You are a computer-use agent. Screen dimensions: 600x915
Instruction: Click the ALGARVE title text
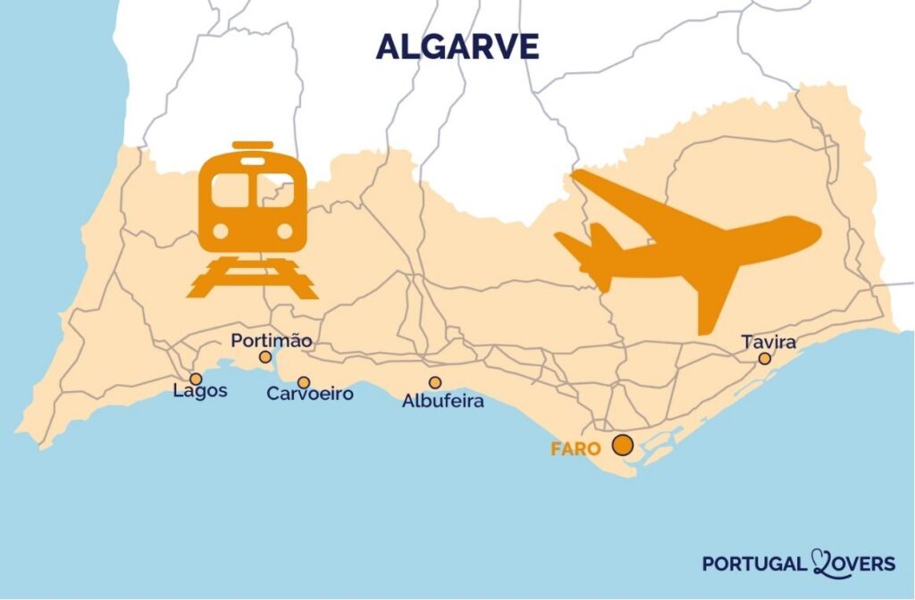pos(457,46)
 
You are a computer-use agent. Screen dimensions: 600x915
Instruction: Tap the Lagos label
pos(200,391)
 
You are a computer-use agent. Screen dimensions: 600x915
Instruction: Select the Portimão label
pos(272,341)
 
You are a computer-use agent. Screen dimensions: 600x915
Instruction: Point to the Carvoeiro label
pos(310,394)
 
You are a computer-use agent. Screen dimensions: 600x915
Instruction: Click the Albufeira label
pos(442,402)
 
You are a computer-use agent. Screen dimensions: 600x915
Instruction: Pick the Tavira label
pos(768,342)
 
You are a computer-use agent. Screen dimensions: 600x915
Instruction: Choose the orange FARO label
pos(575,449)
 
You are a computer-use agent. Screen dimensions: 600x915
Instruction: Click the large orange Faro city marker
pos(623,445)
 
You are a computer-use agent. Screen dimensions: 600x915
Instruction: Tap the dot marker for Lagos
pos(196,379)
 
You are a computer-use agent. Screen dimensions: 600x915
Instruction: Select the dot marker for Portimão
pos(265,357)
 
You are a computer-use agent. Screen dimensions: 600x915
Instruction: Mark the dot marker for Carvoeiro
pos(304,382)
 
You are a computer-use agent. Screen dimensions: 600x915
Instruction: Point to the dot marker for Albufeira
pos(435,382)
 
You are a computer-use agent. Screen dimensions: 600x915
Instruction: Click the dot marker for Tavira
pos(765,358)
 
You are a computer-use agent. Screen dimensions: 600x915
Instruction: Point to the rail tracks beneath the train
pos(253,277)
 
